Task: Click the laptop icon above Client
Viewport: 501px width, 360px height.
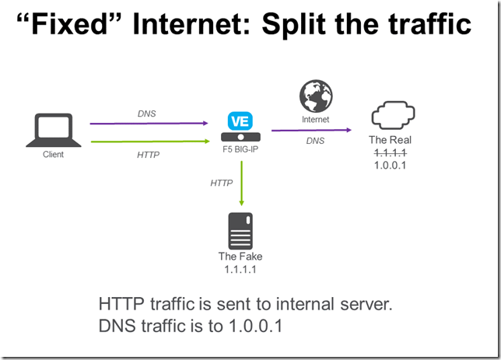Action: pos(53,130)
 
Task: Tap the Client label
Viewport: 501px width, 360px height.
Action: pos(53,154)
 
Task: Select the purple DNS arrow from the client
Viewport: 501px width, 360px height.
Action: pos(149,123)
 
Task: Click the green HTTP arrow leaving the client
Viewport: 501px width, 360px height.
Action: pos(149,141)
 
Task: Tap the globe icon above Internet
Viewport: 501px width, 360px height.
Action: pos(316,96)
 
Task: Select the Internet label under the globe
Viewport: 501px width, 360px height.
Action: pos(316,120)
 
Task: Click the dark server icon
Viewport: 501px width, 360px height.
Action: pos(240,230)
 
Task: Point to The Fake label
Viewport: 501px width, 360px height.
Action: pos(240,257)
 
